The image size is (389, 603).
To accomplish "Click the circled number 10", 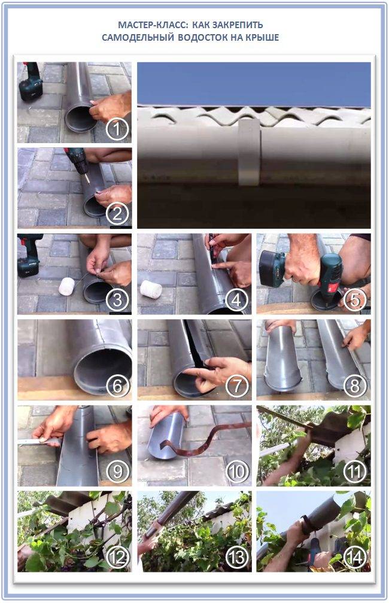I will (x=238, y=472).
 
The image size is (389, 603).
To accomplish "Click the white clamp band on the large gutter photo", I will (x=248, y=153).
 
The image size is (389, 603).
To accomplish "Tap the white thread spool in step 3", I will (x=66, y=287).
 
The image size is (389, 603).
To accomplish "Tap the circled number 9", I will (x=118, y=472).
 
